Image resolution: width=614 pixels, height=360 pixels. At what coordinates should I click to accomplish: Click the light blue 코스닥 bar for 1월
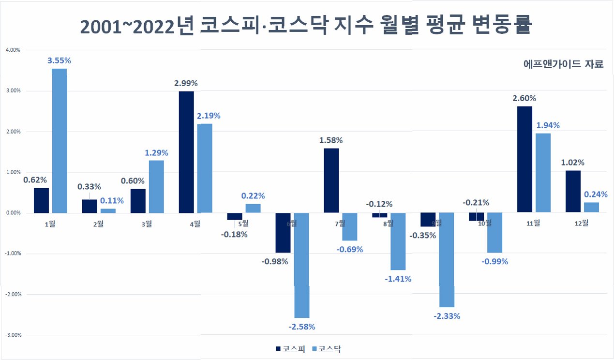[60, 141]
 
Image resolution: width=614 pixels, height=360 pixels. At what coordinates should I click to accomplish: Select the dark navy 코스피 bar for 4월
[186, 152]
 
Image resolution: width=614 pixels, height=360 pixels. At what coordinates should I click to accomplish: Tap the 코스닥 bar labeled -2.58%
[302, 265]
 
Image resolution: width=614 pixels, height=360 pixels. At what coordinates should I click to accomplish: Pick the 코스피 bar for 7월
[331, 180]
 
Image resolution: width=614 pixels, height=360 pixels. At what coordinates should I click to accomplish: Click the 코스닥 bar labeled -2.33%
[447, 260]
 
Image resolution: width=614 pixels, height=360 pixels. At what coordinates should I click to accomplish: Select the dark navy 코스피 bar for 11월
[524, 159]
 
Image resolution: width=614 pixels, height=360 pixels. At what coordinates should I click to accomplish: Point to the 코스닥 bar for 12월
[591, 208]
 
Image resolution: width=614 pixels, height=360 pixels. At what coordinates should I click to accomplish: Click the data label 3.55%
[59, 60]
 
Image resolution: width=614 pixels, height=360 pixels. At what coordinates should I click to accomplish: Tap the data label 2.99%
[186, 83]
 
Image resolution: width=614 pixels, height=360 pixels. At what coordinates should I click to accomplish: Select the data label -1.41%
[398, 279]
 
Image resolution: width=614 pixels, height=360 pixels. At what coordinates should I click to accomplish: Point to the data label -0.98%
[275, 262]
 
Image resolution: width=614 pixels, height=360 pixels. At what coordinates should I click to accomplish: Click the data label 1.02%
[572, 163]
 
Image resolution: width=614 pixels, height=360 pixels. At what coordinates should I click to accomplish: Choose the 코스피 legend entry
[291, 349]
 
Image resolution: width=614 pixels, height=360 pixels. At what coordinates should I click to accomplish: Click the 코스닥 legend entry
[327, 349]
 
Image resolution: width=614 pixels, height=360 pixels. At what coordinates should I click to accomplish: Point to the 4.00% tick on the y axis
[13, 50]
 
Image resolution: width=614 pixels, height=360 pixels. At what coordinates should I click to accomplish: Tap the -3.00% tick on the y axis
[13, 335]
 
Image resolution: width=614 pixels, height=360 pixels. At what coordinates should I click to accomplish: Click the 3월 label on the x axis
[147, 224]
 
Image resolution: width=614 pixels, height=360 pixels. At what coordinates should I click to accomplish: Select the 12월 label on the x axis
[582, 224]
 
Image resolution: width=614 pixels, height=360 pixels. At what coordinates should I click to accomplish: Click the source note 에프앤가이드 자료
[564, 64]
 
